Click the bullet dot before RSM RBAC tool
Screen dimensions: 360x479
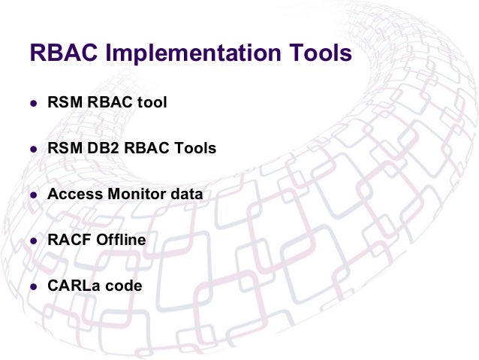coord(33,103)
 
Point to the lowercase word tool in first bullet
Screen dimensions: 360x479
coord(152,102)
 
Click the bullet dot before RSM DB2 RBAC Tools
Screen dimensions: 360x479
coord(33,149)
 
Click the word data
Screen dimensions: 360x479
coord(186,194)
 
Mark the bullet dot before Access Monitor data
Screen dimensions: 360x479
coord(33,195)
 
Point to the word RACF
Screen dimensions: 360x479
coord(66,240)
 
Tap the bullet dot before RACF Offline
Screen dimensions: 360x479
coord(33,241)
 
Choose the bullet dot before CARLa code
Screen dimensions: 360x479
coord(33,286)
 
